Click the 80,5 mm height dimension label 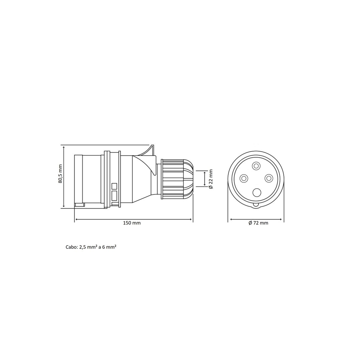60,174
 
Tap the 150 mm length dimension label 132,223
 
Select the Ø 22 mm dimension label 211,179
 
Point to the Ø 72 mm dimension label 258,223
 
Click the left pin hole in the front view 244,178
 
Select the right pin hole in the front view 268,178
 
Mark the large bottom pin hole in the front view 257,192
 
